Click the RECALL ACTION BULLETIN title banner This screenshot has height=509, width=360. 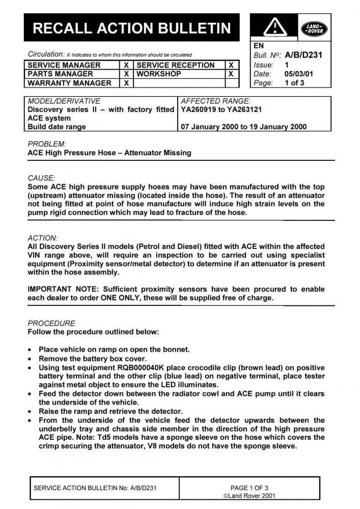click(131, 27)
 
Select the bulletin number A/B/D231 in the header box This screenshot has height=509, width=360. click(303, 55)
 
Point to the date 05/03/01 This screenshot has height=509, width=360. click(299, 74)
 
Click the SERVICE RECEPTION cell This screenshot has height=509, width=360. click(176, 65)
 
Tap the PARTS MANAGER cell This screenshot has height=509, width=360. click(61, 74)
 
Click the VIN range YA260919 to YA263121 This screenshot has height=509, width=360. click(221, 109)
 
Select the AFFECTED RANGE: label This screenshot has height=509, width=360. click(216, 101)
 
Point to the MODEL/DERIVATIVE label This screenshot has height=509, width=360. click(64, 101)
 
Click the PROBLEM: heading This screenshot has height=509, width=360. click(47, 144)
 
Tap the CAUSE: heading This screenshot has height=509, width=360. click(41, 178)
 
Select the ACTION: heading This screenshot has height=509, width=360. click(43, 238)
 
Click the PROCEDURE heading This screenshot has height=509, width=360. click(51, 323)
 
